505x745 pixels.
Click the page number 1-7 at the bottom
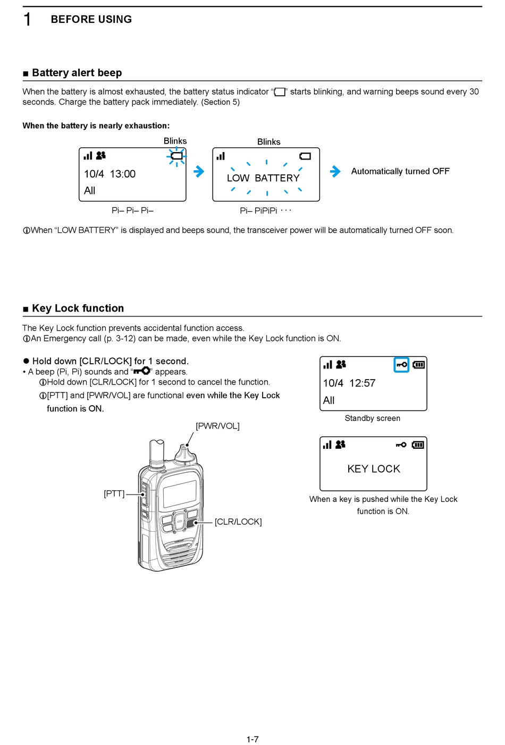coord(252,739)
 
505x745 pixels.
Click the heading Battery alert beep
coord(77,73)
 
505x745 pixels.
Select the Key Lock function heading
coord(78,308)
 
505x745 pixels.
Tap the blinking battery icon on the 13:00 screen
coord(176,156)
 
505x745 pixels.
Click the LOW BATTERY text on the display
coord(264,178)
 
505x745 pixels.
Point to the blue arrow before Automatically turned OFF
coord(335,171)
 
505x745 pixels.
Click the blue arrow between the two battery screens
coord(199,171)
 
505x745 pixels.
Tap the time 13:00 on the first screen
coord(123,174)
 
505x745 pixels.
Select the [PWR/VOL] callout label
coord(217,426)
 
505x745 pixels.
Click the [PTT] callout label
coord(114,493)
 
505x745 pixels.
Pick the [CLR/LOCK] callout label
coord(238,522)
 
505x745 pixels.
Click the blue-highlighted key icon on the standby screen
coord(401,365)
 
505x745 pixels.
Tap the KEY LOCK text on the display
coord(374,469)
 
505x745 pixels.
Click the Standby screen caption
coord(372,418)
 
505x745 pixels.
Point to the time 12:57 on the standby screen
coord(363,383)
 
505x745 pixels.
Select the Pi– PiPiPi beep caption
coord(259,211)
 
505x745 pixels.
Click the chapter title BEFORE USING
coord(91,20)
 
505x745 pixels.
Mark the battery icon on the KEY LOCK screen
coord(418,445)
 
